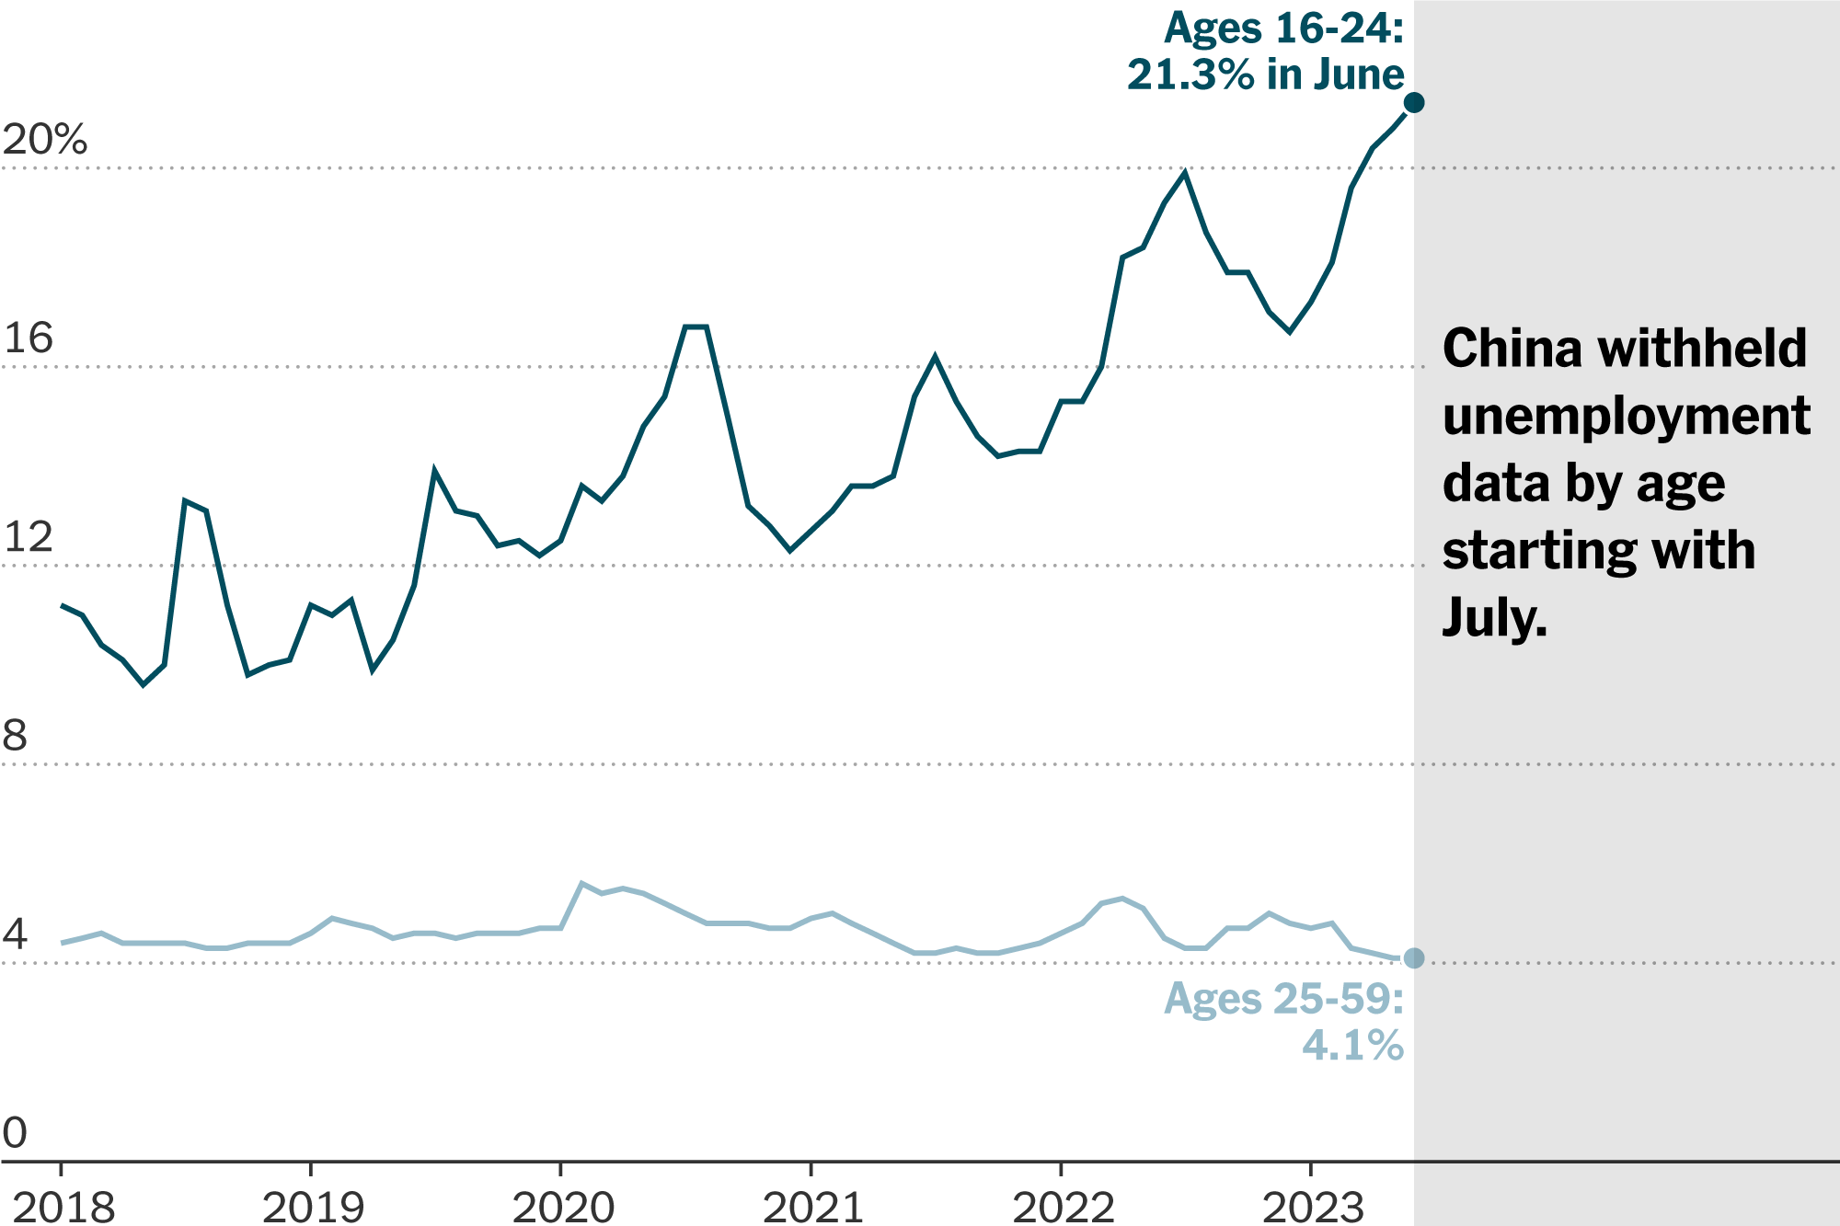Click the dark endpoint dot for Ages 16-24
(x=1414, y=102)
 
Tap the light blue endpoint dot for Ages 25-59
(x=1414, y=958)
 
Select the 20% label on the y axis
(x=44, y=140)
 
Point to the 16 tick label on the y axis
(x=28, y=338)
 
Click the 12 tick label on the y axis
(x=28, y=537)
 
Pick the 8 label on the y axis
(x=15, y=736)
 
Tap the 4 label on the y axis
(x=15, y=934)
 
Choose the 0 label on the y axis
(x=15, y=1133)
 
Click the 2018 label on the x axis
(x=63, y=1207)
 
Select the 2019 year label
(x=313, y=1207)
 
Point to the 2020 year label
(x=563, y=1207)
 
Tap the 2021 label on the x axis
(x=813, y=1207)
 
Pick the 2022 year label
(x=1064, y=1207)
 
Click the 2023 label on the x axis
(x=1313, y=1207)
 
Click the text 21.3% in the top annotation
(x=1190, y=74)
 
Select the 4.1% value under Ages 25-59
(x=1352, y=1045)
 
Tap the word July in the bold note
(x=1494, y=618)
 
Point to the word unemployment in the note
(x=1626, y=416)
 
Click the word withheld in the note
(x=1702, y=349)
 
